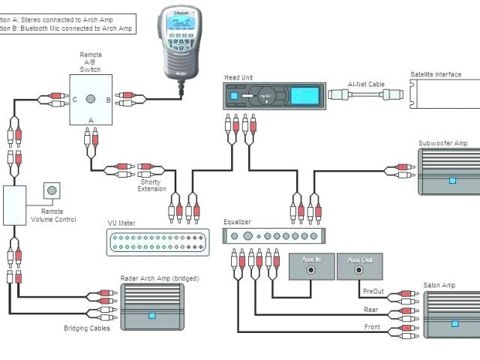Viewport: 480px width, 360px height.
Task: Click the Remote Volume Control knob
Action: click(52, 190)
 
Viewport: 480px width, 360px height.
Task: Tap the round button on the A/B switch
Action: click(90, 99)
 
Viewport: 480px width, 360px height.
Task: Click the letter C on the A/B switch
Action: click(73, 99)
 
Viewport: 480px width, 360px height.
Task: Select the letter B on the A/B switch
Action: click(108, 99)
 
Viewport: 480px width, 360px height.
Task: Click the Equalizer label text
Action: click(237, 222)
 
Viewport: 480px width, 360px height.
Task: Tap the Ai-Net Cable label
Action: click(367, 85)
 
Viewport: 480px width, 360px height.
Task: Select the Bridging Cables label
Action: click(87, 328)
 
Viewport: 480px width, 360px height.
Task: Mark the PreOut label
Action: click(372, 292)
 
